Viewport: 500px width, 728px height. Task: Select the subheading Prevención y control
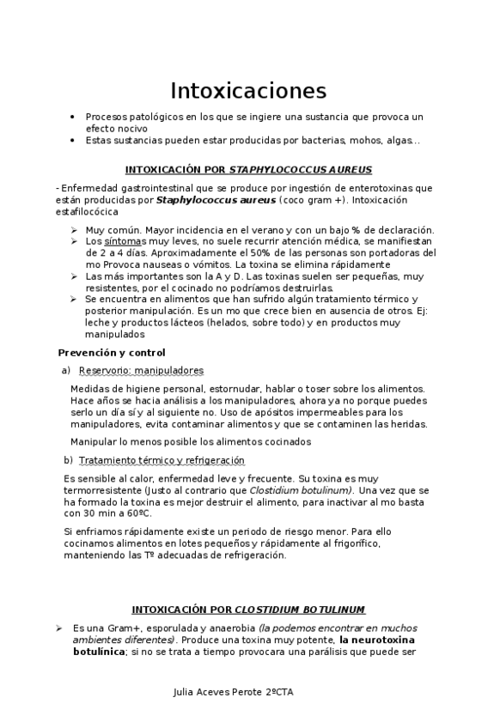[x=111, y=353]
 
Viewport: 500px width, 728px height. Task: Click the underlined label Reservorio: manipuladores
[x=141, y=370]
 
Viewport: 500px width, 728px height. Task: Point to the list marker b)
[x=68, y=460]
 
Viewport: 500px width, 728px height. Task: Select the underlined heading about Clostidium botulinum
[x=248, y=610]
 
